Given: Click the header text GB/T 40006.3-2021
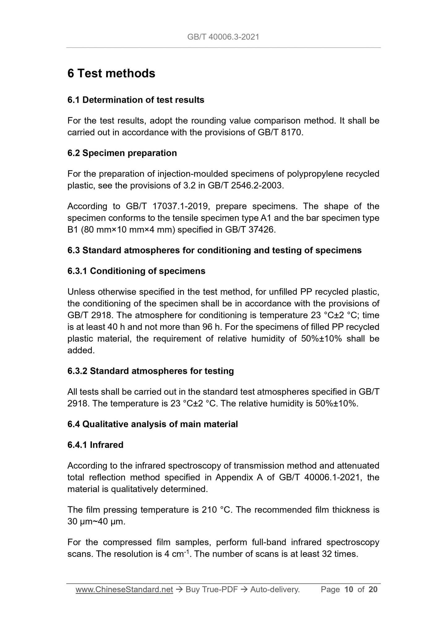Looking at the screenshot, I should [x=223, y=37].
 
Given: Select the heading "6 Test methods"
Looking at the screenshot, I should [x=111, y=74].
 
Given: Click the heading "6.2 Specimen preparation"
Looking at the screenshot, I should [x=122, y=153].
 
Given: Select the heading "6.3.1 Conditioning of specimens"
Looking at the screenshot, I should [x=136, y=271].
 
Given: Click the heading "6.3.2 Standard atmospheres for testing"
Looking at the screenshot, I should [x=151, y=371].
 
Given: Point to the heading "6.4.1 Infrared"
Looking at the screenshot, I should [x=95, y=445].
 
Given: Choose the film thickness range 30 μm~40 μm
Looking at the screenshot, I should [x=96, y=522].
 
